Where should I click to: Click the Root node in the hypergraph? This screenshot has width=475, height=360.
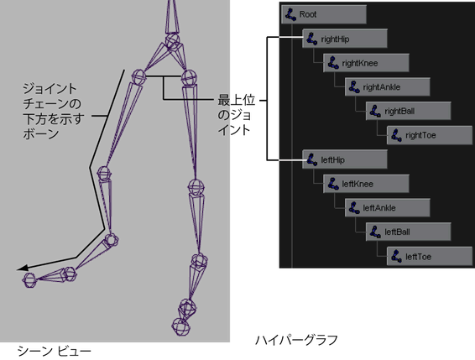click(324, 14)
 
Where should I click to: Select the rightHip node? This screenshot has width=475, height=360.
click(345, 39)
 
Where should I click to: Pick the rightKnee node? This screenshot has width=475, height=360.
click(366, 63)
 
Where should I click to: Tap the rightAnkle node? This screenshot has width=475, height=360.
click(387, 87)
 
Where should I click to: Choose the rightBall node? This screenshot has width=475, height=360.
click(409, 111)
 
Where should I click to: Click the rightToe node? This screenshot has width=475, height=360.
click(430, 135)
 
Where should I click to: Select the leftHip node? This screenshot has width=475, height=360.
click(345, 159)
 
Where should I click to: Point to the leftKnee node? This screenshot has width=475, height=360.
click(366, 184)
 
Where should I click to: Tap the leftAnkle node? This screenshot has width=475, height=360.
click(387, 208)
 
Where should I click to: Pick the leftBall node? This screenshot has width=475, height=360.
click(409, 232)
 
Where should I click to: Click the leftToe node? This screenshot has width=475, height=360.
click(430, 257)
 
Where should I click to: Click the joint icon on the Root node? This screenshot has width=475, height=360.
click(291, 14)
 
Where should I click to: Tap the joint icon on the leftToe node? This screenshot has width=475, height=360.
click(396, 257)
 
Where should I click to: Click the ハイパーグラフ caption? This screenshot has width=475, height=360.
click(296, 340)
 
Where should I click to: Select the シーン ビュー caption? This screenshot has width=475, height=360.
click(55, 352)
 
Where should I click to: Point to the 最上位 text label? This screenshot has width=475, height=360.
click(237, 100)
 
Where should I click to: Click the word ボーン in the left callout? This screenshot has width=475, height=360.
click(41, 134)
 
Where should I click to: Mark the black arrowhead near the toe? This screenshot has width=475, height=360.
click(23, 268)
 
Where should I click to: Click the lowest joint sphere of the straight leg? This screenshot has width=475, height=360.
click(180, 326)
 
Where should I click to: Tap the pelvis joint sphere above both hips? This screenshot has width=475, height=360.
click(173, 40)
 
